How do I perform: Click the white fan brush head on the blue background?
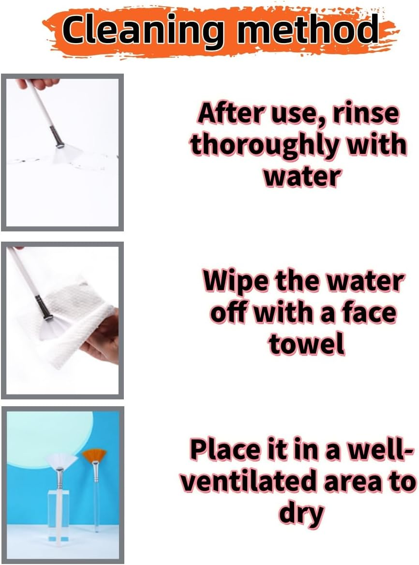[61, 461]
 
